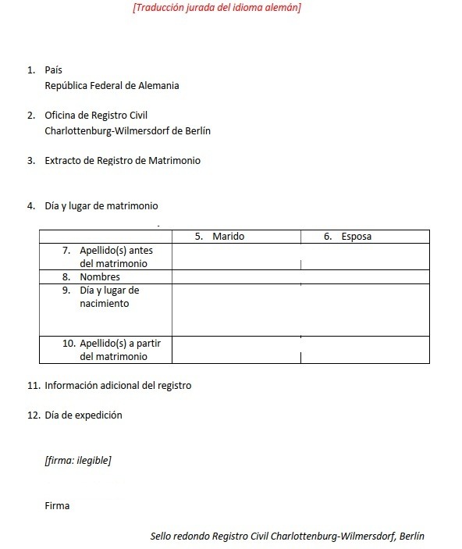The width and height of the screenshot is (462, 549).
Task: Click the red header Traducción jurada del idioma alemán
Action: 217,8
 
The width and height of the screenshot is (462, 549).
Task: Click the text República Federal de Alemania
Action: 112,86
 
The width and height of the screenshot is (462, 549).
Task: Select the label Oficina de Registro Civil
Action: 96,116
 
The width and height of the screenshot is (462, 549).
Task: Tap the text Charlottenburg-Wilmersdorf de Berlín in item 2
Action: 127,131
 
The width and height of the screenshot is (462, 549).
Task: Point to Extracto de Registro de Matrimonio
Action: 123,161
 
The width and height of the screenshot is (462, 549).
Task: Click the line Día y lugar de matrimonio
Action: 101,206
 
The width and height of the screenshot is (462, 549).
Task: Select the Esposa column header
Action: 356,237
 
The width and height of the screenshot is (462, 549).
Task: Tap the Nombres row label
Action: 100,277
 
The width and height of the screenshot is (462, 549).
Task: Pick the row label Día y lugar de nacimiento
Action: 109,297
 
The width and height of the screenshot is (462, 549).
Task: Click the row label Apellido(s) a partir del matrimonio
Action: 115,350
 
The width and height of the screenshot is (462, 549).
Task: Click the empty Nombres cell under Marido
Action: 236,277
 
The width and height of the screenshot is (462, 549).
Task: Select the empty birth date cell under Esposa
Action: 364,309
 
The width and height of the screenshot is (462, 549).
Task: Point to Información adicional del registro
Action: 118,386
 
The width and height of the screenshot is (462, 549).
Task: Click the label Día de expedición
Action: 84,415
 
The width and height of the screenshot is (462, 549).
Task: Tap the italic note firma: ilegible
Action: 78,460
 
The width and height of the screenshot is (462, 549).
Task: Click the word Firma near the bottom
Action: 57,505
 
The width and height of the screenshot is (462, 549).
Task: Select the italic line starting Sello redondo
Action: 287,536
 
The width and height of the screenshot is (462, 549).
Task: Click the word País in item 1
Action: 54,70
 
